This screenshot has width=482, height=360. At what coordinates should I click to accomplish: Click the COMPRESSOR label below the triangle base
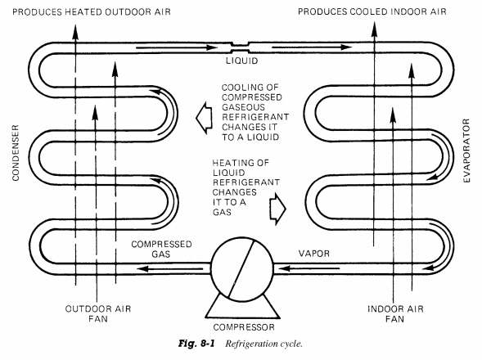click(x=244, y=327)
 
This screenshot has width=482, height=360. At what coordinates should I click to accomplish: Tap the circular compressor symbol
click(x=242, y=268)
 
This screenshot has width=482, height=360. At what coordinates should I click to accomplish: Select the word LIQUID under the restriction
click(x=242, y=61)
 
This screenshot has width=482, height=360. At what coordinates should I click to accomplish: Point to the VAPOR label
click(x=314, y=254)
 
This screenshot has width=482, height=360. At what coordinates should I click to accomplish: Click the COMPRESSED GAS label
click(x=161, y=249)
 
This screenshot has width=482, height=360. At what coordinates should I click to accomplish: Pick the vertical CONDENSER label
click(x=16, y=153)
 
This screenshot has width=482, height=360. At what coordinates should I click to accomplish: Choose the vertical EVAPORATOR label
click(x=466, y=151)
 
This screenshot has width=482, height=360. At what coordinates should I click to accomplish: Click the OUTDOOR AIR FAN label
click(x=98, y=313)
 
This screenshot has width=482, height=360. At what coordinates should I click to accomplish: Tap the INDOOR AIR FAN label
click(x=395, y=313)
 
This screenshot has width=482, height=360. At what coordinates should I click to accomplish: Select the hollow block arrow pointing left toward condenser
click(x=204, y=118)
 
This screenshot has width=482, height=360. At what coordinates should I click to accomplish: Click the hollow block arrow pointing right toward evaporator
click(x=278, y=209)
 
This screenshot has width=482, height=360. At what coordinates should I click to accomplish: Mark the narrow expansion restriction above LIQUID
click(x=240, y=47)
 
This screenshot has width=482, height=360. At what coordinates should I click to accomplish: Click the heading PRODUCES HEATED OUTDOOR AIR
click(x=92, y=12)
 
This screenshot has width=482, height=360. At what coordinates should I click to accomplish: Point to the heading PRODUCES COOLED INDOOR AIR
click(x=372, y=11)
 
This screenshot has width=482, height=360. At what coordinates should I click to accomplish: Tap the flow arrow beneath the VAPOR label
click(x=309, y=268)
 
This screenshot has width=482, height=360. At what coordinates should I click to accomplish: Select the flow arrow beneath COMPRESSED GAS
click(x=169, y=269)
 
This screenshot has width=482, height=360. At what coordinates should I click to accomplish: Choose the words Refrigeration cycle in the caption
click(x=264, y=344)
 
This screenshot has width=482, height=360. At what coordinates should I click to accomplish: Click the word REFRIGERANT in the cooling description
click(x=255, y=117)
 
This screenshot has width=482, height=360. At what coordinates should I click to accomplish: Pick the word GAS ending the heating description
click(x=222, y=212)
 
